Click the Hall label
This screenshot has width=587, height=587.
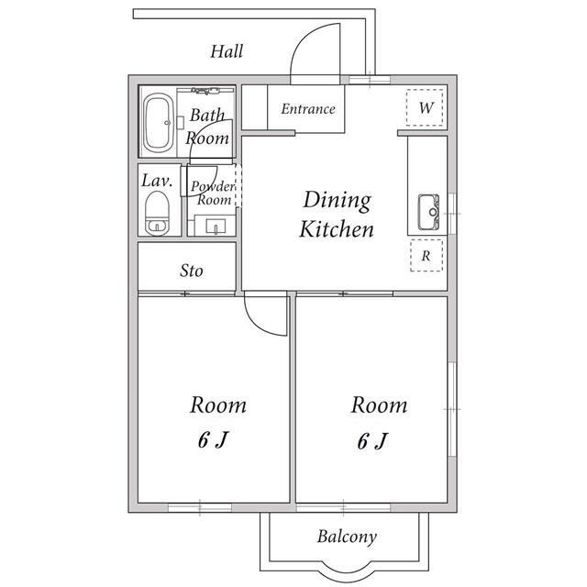click(x=227, y=51)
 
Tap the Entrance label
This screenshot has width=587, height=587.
click(x=308, y=109)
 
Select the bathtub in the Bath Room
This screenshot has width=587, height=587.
click(x=159, y=123)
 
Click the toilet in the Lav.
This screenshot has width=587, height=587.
click(x=157, y=214)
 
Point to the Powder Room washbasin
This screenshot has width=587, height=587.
click(x=216, y=227)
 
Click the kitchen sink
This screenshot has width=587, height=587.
click(x=428, y=212)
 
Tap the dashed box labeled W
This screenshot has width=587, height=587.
click(x=425, y=107)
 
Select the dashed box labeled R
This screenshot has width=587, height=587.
click(x=426, y=256)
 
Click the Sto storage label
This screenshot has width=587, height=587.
click(x=192, y=271)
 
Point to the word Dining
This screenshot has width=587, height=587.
click(x=337, y=200)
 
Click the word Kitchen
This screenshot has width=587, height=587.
click(x=337, y=229)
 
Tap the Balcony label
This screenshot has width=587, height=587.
click(x=347, y=537)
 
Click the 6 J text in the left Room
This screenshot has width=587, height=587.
click(x=213, y=439)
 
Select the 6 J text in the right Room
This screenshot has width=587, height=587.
click(x=372, y=441)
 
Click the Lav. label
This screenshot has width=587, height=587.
click(x=157, y=181)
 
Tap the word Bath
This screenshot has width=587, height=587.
click(x=207, y=115)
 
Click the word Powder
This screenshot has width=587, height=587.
click(x=213, y=186)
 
